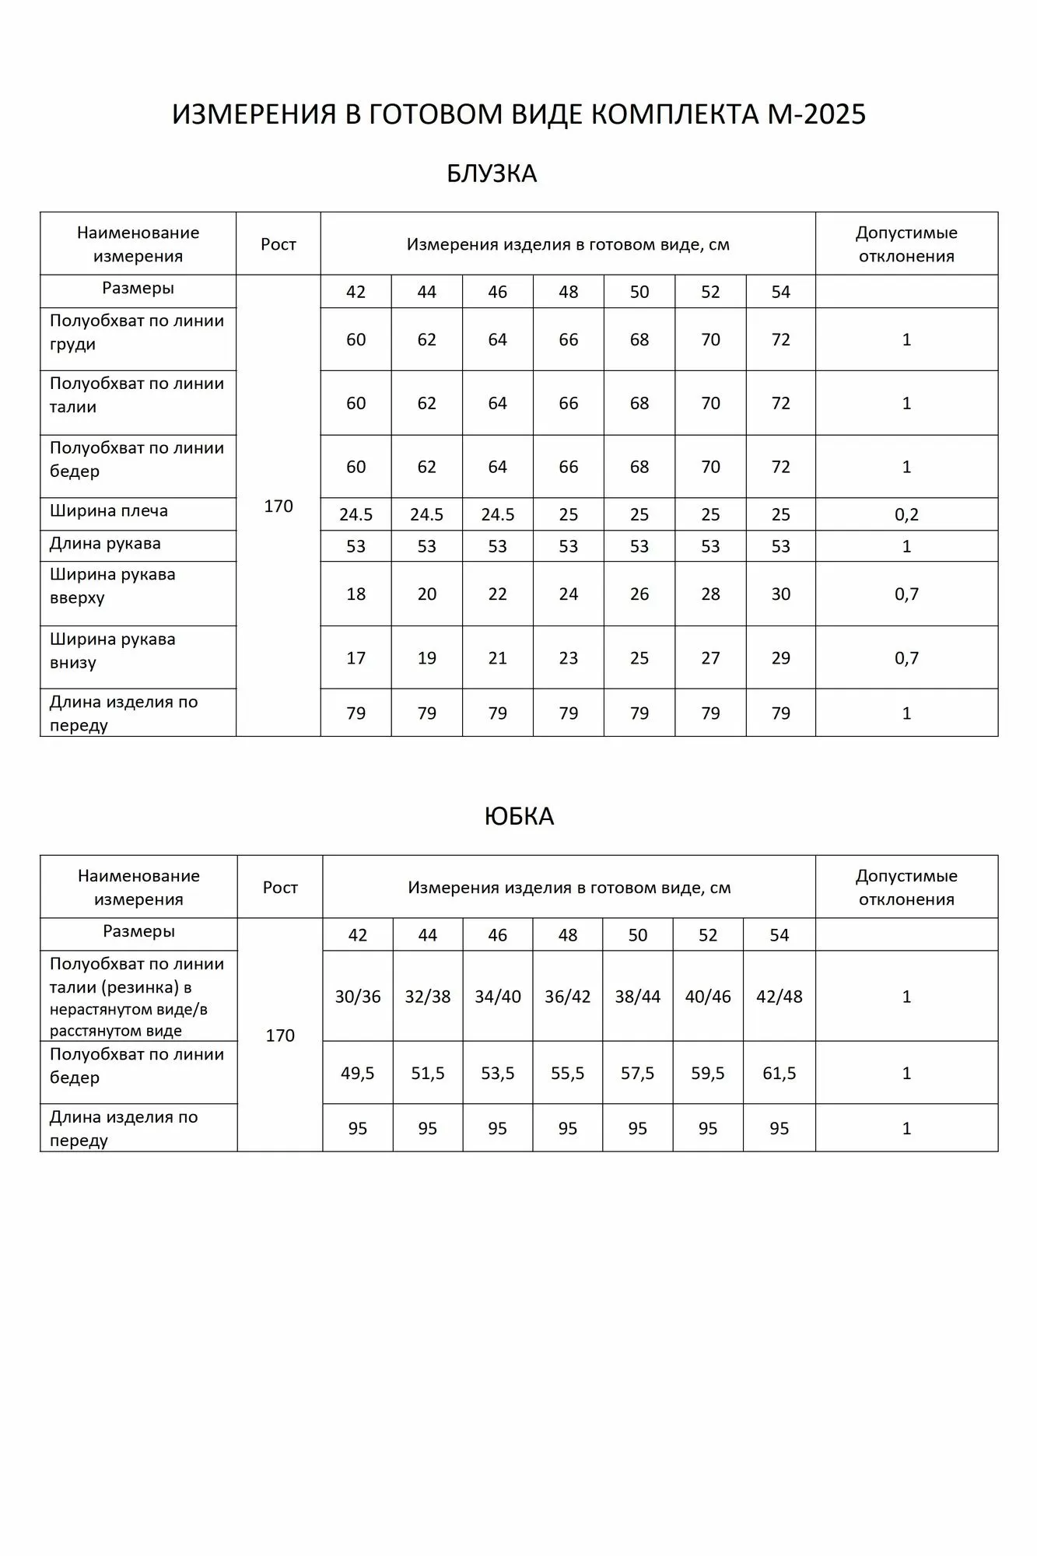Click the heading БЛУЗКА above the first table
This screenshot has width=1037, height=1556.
coord(492,173)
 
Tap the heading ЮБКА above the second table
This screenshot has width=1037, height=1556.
coord(519,816)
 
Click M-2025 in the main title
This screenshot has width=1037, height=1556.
coord(817,114)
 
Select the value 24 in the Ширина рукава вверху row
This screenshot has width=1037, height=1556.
coord(569,594)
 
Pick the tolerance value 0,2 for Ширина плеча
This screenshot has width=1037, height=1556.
coord(906,515)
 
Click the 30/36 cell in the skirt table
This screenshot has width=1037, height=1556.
coord(358,997)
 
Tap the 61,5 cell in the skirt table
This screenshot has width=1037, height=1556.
coord(780,1074)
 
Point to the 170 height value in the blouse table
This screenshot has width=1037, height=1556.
coord(279,506)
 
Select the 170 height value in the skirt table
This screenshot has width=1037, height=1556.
coord(280,1036)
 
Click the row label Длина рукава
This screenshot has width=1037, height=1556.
coord(105,544)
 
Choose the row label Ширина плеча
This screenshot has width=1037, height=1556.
coord(109,511)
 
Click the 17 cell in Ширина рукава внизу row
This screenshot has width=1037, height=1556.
coord(356,658)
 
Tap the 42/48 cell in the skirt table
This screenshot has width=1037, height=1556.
coord(780,997)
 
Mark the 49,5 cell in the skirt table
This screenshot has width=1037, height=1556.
coord(358,1074)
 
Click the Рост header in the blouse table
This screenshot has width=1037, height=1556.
coord(279,244)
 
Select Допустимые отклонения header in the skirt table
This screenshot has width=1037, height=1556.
coord(906,888)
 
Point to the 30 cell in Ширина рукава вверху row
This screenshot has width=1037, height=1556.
coord(781,594)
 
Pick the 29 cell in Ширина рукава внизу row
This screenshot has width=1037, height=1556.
coord(781,658)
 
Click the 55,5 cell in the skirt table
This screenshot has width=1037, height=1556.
coord(568,1074)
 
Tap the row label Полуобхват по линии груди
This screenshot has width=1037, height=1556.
coord(137,332)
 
